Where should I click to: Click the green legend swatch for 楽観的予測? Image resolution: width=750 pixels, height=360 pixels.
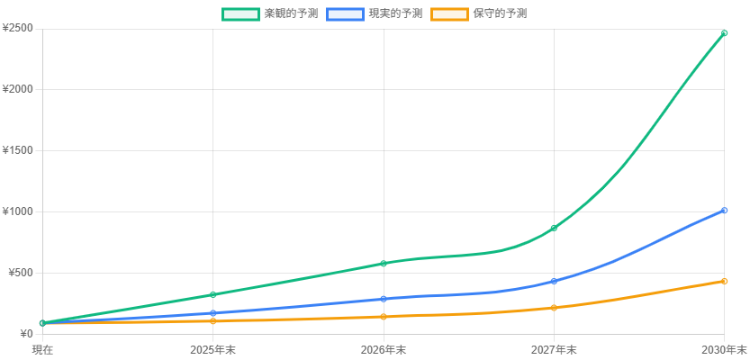pyautogui.click(x=239, y=14)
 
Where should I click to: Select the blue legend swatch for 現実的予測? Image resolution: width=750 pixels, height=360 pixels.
pyautogui.click(x=344, y=14)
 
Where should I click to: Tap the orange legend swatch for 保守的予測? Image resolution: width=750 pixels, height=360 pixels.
pyautogui.click(x=448, y=14)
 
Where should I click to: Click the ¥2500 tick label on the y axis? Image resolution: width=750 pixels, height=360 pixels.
pyautogui.click(x=18, y=28)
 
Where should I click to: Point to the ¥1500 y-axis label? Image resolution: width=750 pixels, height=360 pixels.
pyautogui.click(x=18, y=150)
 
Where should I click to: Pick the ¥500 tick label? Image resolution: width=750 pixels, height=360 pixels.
pyautogui.click(x=21, y=273)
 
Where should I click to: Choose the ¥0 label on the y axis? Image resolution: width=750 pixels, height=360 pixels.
pyautogui.click(x=25, y=334)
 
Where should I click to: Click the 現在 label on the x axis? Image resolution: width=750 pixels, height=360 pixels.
pyautogui.click(x=42, y=349)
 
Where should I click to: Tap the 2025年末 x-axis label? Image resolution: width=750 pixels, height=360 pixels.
pyautogui.click(x=212, y=349)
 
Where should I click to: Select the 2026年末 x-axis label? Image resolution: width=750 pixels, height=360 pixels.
pyautogui.click(x=384, y=349)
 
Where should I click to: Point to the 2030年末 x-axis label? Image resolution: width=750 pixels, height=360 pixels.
pyautogui.click(x=725, y=349)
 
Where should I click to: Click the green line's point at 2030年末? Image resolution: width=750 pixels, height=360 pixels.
pyautogui.click(x=725, y=33)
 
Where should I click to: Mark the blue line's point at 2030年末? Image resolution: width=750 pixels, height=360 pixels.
pyautogui.click(x=725, y=211)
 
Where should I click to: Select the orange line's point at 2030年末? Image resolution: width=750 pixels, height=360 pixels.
pyautogui.click(x=725, y=282)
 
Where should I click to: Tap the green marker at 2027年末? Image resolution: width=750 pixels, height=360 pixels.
pyautogui.click(x=554, y=228)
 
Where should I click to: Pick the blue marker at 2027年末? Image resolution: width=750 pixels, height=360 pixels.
pyautogui.click(x=554, y=282)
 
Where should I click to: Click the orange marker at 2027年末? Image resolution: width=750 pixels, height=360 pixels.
pyautogui.click(x=554, y=308)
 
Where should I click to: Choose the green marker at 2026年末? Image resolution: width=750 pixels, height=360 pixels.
pyautogui.click(x=384, y=264)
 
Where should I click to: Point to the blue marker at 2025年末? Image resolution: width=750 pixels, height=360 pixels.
pyautogui.click(x=212, y=313)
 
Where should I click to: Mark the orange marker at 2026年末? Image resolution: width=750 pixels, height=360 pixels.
pyautogui.click(x=384, y=317)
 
